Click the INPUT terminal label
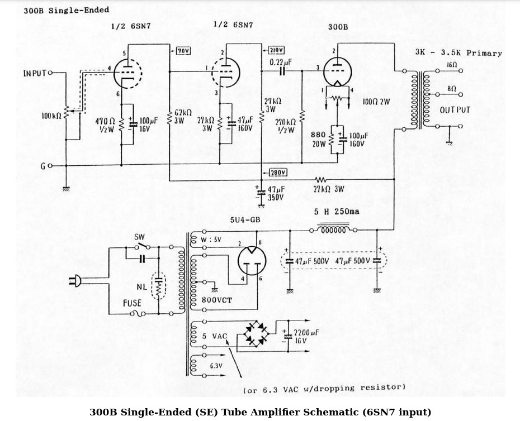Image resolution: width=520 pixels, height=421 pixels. pos(35,73)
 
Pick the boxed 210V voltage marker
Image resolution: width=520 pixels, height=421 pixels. pos(276,49)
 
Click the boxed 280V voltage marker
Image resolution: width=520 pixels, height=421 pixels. pos(278,172)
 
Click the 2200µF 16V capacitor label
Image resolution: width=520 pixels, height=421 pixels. pos(306,336)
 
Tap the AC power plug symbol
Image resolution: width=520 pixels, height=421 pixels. pos(74,282)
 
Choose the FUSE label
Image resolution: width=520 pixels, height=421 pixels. pos(132,303)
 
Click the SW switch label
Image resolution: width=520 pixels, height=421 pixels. pos(139,237)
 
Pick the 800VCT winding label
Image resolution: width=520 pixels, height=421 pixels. pos(215,299)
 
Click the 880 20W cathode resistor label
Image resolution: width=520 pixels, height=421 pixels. pos(319,138)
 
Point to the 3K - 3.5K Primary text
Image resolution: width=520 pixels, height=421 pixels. pos(458,53)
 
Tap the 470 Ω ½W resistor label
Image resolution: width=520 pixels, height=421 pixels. pos(105,125)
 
